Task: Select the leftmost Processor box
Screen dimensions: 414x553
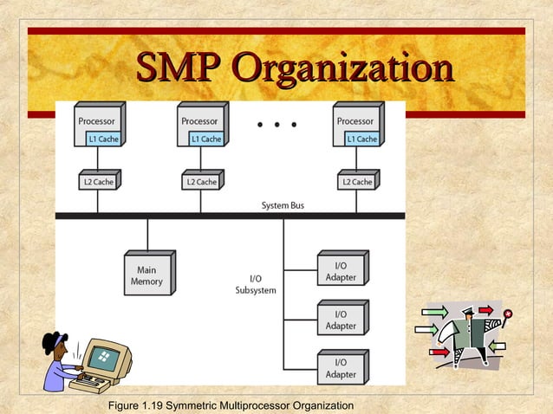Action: coord(98,122)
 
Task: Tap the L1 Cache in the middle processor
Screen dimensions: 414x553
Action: coord(205,139)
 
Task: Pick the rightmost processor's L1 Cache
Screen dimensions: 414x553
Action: coord(361,139)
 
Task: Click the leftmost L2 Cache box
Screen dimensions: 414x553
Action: coord(97,181)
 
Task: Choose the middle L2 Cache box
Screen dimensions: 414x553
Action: coord(200,181)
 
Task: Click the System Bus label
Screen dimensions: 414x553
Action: coord(283,205)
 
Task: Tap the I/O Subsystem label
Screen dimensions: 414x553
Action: coord(257,284)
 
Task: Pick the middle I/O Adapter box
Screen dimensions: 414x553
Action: coord(340,319)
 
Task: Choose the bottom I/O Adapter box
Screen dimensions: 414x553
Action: coord(340,367)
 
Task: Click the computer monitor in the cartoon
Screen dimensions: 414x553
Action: coord(107,356)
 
